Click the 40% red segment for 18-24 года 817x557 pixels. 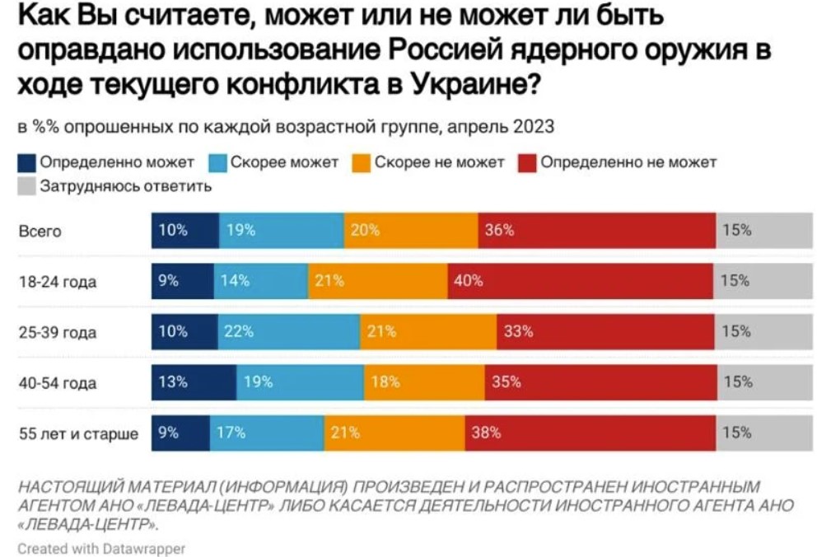tap(581, 281)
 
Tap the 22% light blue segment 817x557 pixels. tap(288, 331)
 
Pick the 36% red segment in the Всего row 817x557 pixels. tap(596, 231)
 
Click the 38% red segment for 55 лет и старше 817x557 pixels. tap(591, 433)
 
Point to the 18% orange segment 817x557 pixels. tap(423, 381)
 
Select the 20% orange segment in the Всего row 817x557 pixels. tap(410, 231)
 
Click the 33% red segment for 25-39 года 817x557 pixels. tap(606, 331)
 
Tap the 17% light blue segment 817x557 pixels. tap(266, 433)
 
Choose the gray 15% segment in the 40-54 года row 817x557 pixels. tap(764, 381)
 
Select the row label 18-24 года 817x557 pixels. tap(58, 282)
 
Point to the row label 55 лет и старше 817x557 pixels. tap(78, 433)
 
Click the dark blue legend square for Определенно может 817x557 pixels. tap(26, 163)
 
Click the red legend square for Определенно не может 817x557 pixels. tap(529, 163)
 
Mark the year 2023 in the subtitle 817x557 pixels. tap(533, 128)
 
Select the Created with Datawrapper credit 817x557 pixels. tap(100, 547)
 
